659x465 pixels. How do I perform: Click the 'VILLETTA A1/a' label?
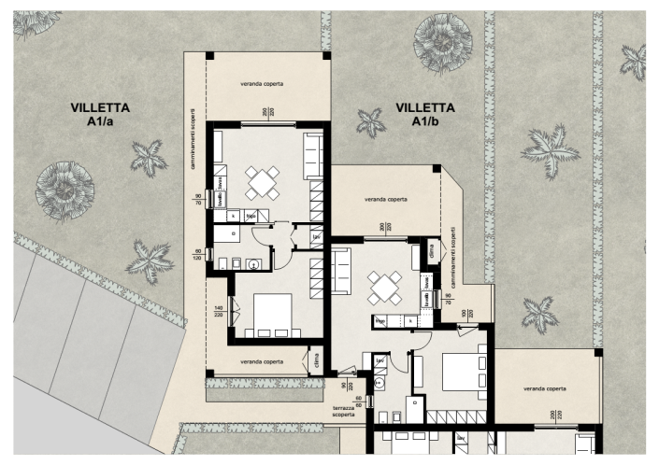pos(100,114)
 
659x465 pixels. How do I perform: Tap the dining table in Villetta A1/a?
pos(263,182)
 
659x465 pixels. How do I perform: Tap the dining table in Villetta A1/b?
pos(384,288)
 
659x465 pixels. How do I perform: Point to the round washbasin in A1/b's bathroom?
pos(380,383)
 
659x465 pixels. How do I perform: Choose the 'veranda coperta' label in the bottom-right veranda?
pos(545,387)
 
